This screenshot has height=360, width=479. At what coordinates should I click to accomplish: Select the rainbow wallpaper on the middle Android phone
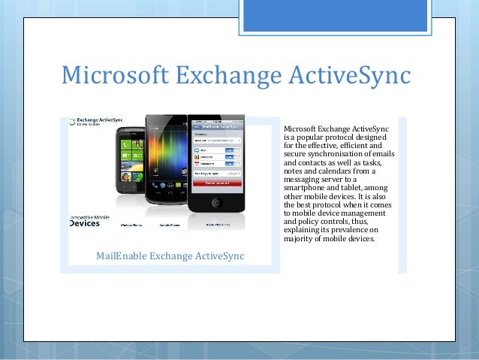click(x=164, y=154)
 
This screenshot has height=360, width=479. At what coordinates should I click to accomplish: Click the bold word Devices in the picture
click(x=84, y=223)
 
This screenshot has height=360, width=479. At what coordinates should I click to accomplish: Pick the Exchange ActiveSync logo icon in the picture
click(x=72, y=121)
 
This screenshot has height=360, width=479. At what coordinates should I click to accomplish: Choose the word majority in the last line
click(x=300, y=239)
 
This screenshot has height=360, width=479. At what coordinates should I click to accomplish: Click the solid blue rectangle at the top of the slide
click(x=336, y=15)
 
